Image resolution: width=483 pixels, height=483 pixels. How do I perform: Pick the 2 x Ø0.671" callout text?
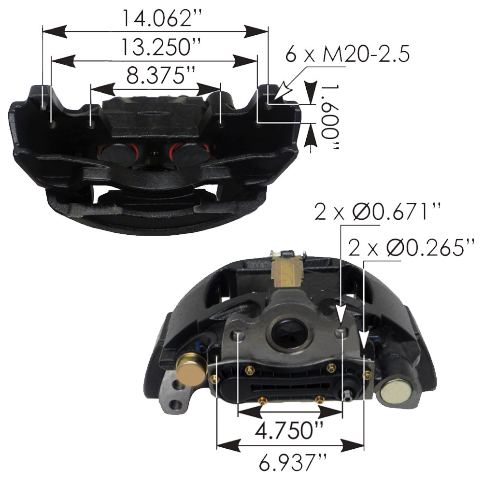pyautogui.click(x=372, y=212)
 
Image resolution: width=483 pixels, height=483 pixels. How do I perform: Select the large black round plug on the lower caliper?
pyautogui.click(x=285, y=334)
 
